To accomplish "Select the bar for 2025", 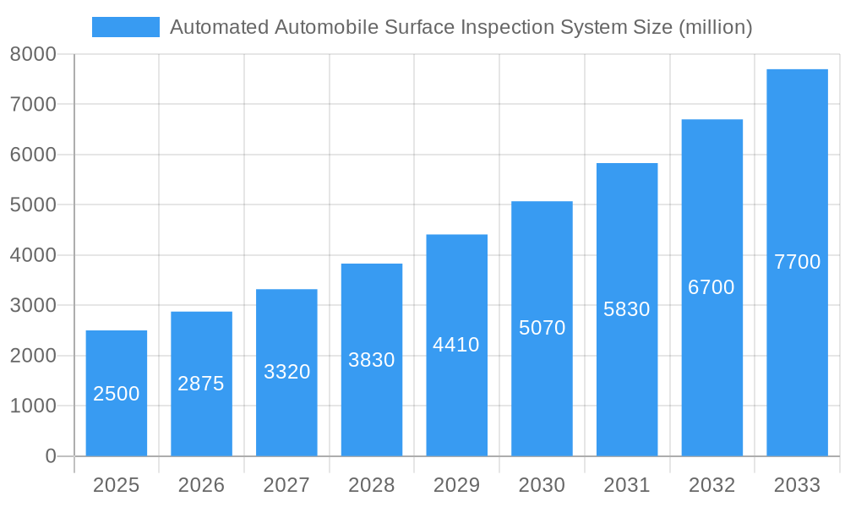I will click(117, 393).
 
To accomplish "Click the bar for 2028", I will click(372, 360).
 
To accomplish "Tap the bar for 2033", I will click(797, 262).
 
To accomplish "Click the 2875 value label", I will click(201, 384).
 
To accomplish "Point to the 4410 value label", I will click(456, 345).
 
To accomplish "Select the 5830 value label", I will click(627, 309).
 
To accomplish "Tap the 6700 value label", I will click(711, 287).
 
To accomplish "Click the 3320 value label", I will click(287, 372).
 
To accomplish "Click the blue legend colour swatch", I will click(126, 27).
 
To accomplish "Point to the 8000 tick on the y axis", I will click(33, 54).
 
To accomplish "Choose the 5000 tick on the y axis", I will click(33, 204).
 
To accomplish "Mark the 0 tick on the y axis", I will click(50, 456).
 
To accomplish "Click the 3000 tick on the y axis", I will click(33, 305).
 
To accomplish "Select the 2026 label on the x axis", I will click(201, 485).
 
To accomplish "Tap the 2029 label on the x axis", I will click(456, 485).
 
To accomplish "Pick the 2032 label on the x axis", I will click(711, 485).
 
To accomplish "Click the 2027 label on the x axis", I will click(286, 485).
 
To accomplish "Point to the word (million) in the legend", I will click(716, 27).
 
